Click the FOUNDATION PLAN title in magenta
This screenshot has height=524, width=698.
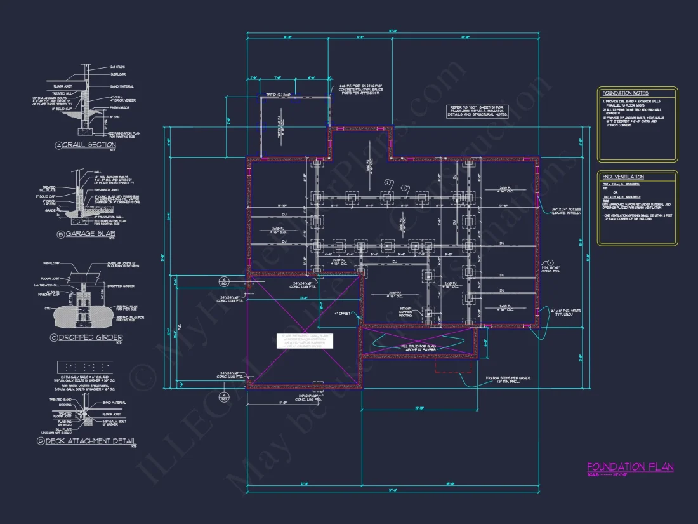630,467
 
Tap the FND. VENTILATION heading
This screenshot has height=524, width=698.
622,177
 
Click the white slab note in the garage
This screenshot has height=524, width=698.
305,340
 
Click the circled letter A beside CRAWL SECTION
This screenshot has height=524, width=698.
60,145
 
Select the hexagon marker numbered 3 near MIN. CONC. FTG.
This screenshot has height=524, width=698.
550,262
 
